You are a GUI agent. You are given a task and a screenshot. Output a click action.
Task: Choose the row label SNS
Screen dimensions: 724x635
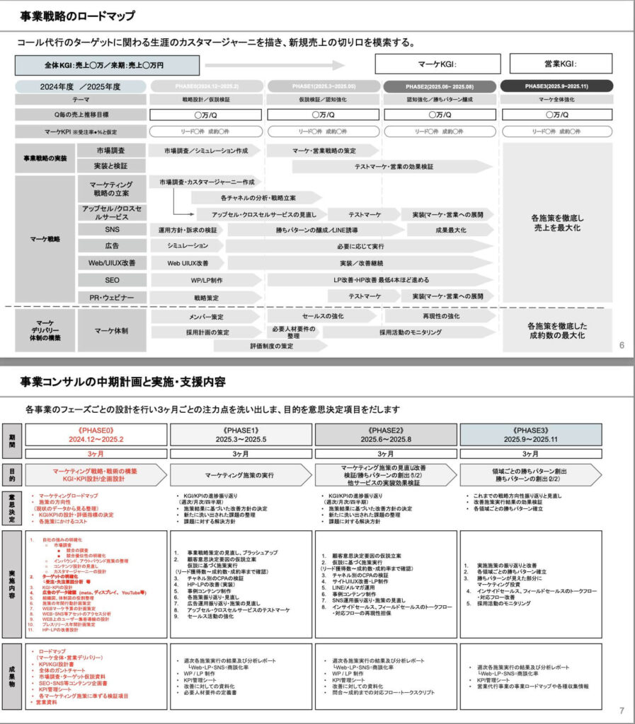(x=112, y=229)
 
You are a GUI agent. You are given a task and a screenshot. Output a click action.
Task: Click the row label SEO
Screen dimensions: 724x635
(x=112, y=280)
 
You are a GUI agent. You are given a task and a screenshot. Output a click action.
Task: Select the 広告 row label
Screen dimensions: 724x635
(x=112, y=246)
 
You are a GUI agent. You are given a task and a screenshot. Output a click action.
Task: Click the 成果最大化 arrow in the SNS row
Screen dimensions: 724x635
(x=449, y=229)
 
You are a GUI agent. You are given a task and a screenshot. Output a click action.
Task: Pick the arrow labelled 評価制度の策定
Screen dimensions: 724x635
(x=271, y=346)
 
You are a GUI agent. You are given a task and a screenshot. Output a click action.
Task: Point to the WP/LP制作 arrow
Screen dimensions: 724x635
(x=188, y=280)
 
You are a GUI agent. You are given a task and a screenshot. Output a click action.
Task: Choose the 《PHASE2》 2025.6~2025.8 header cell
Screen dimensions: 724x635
(x=386, y=433)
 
